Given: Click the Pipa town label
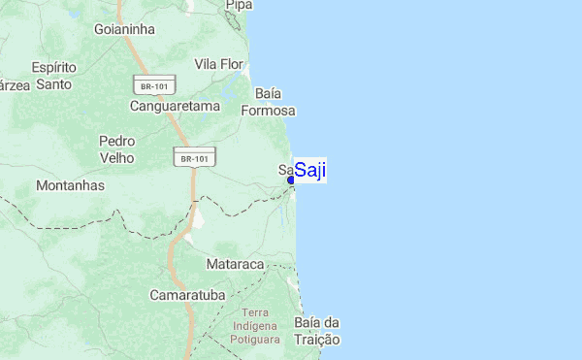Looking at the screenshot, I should [x=239, y=6].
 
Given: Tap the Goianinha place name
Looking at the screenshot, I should [x=124, y=29].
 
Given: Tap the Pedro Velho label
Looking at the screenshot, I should [x=117, y=148].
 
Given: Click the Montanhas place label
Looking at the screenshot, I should [x=70, y=184].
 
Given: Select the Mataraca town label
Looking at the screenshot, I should [x=236, y=263].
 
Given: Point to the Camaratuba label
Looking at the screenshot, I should [x=186, y=293].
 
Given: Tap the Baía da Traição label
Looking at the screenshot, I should [x=316, y=331].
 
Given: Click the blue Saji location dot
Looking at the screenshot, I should [x=291, y=180].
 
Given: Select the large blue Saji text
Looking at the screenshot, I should [x=310, y=171].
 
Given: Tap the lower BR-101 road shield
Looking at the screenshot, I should [x=195, y=157].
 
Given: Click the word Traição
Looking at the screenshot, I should [x=316, y=340].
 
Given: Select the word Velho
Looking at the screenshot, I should [x=117, y=157].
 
